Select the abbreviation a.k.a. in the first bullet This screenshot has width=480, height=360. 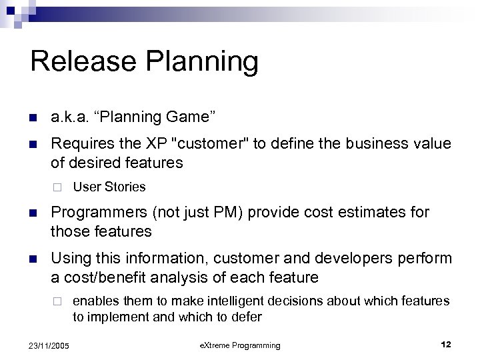pos(70,117)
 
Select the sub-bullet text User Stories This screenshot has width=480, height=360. pos(109,187)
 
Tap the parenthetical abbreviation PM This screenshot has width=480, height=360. pos(218,213)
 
